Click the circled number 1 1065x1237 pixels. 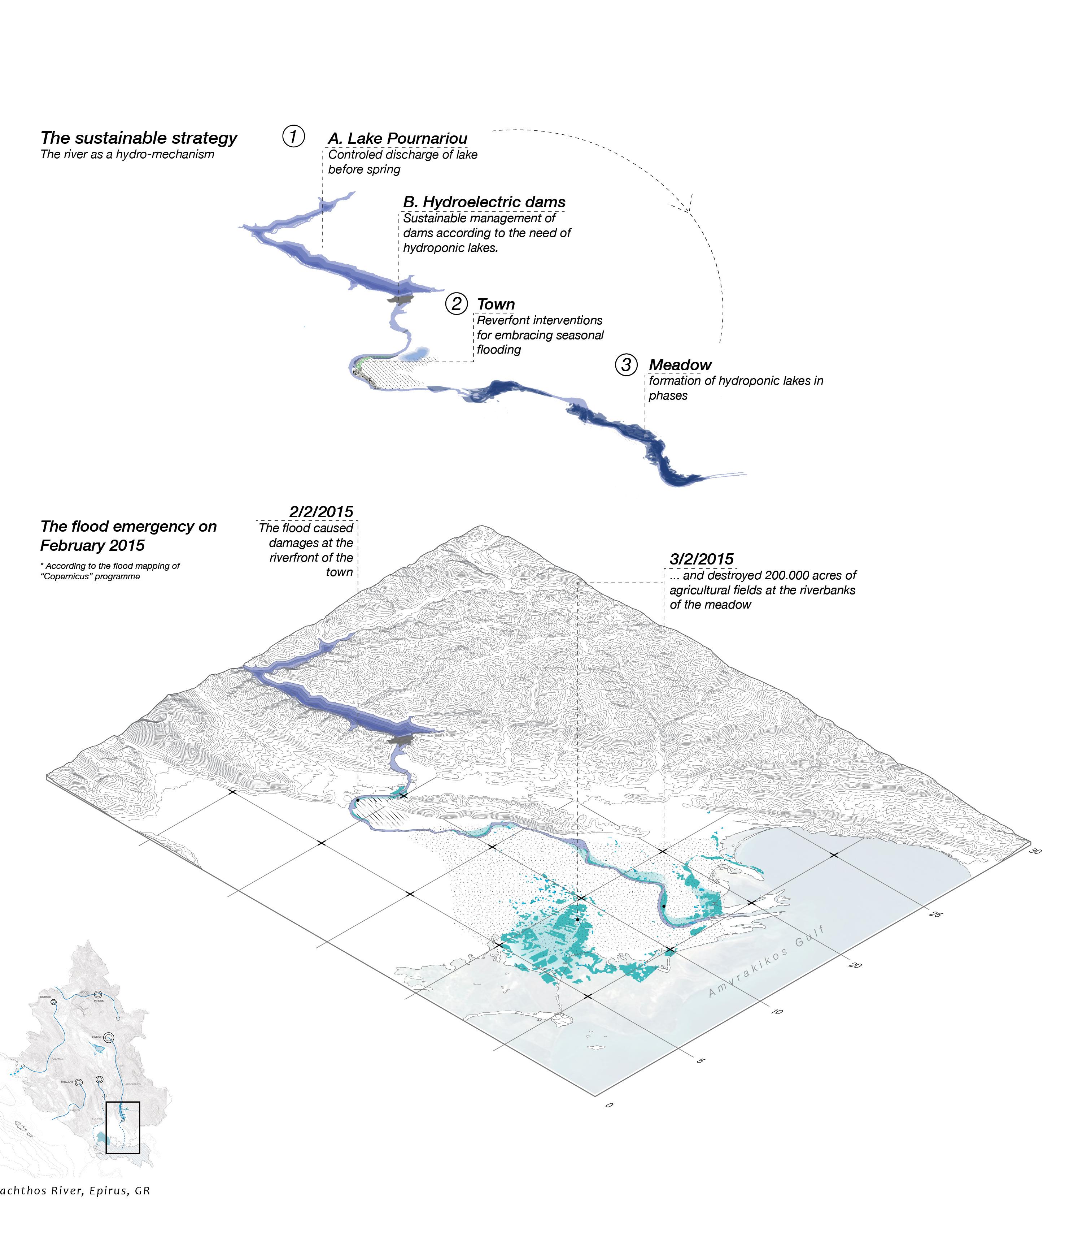point(293,137)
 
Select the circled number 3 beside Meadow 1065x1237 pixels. point(626,364)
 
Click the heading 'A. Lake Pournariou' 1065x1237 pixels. point(397,138)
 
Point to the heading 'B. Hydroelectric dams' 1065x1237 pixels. point(484,202)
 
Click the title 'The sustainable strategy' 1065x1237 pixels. point(139,138)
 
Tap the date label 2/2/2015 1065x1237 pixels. point(321,512)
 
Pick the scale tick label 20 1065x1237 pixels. point(854,965)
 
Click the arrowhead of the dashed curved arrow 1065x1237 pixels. point(688,208)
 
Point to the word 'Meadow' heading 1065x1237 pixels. point(680,365)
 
